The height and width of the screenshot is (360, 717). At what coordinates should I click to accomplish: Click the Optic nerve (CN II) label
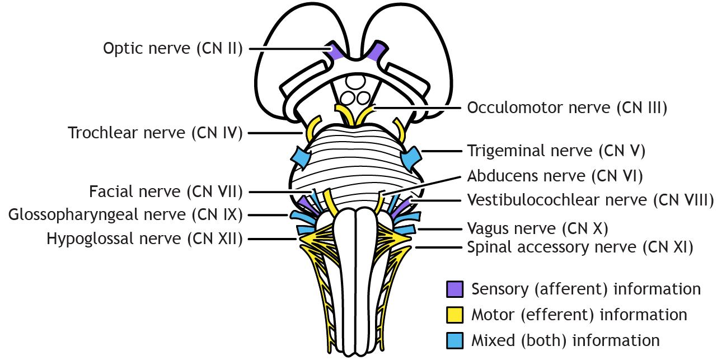click(x=172, y=49)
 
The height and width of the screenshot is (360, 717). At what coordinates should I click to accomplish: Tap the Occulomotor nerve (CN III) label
click(x=567, y=107)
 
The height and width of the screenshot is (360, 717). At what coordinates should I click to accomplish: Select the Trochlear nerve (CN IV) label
click(x=155, y=133)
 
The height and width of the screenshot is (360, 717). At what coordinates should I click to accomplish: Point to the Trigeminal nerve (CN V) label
click(x=556, y=151)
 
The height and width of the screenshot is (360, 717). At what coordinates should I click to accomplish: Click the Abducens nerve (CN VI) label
click(x=555, y=176)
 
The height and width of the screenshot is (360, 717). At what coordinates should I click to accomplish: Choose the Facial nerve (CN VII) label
click(x=166, y=192)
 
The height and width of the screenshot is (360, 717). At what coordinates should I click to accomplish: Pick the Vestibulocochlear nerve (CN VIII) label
click(x=590, y=200)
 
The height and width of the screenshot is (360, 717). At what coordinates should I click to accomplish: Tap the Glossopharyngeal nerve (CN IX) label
click(x=125, y=214)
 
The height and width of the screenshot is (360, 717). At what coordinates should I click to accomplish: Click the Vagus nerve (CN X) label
click(x=537, y=228)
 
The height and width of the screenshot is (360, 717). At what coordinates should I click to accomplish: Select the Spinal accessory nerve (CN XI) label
click(x=580, y=247)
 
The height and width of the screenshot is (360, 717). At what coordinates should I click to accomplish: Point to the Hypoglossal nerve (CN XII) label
click(x=144, y=239)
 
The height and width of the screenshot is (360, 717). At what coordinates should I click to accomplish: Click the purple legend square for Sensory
click(x=454, y=289)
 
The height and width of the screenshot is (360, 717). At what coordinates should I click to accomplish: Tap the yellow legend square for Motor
click(x=454, y=315)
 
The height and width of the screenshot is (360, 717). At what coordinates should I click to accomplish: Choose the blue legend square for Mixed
click(x=454, y=340)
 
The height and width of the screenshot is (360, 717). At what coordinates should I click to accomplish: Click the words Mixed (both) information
click(x=565, y=340)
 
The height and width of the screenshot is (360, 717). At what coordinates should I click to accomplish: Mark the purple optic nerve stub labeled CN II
click(x=336, y=51)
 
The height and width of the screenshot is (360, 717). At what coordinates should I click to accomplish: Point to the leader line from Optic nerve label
click(x=288, y=49)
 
